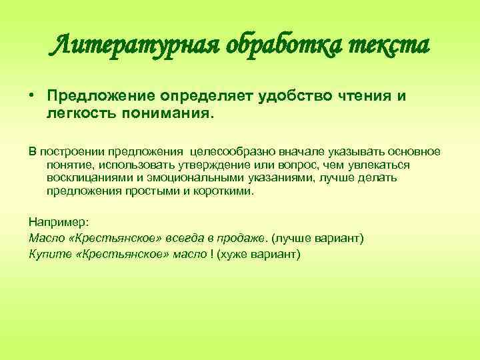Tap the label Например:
click(x=55, y=222)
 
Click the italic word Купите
click(x=47, y=254)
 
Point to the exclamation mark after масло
click(x=212, y=254)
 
